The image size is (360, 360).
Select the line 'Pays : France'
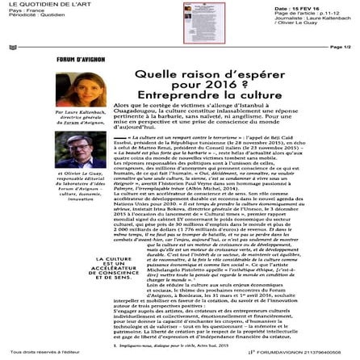pyautogui.click(x=19, y=10)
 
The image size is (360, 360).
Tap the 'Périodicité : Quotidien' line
pyautogui.click(x=29, y=16)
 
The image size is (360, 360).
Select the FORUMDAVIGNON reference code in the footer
pyautogui.click(x=291, y=354)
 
